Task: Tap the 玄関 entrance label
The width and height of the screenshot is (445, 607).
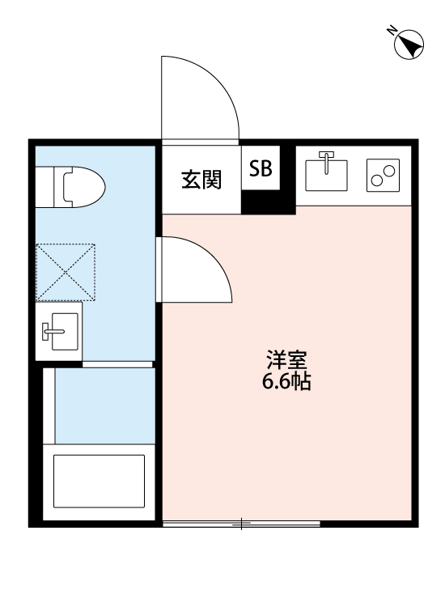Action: pyautogui.click(x=201, y=180)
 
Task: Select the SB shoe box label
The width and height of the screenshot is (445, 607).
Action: pyautogui.click(x=261, y=168)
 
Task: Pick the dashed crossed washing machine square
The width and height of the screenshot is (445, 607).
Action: pyautogui.click(x=66, y=272)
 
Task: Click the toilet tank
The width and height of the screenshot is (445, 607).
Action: pyautogui.click(x=45, y=185)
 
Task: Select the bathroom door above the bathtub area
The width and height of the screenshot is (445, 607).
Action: pyautogui.click(x=119, y=364)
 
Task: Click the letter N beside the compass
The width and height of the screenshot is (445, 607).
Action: pyautogui.click(x=391, y=31)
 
